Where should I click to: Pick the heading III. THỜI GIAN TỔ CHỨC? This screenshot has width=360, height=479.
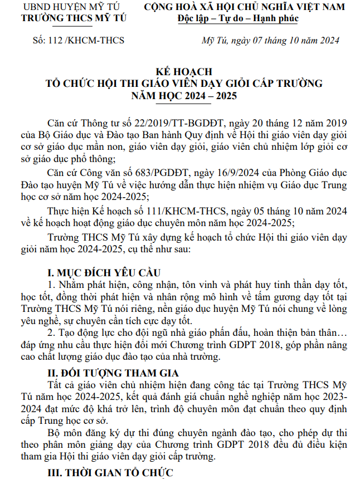(x=111, y=473)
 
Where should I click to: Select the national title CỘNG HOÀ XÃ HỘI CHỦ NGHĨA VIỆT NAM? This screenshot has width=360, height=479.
(x=244, y=7)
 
